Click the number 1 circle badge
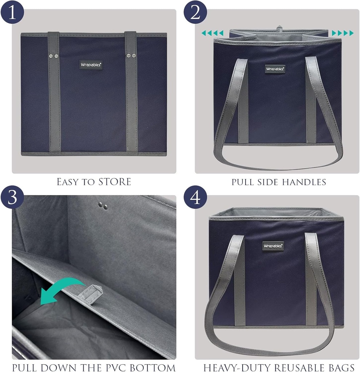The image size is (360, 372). (12, 12)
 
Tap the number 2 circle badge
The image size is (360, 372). (195, 12)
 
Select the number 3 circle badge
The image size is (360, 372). (12, 197)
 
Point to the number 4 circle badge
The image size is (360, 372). (195, 197)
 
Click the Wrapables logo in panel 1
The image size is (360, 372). (91, 65)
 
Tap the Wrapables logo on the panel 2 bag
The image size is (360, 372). (275, 69)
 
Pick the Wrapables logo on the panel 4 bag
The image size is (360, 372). (273, 246)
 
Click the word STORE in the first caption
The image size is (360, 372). (115, 182)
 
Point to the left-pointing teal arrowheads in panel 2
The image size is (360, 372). (213, 33)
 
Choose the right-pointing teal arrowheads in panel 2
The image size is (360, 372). (343, 33)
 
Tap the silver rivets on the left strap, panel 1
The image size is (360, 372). (53, 56)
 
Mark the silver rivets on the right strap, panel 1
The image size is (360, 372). (131, 56)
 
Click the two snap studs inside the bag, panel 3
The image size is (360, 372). (103, 205)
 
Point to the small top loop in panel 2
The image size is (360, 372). (280, 28)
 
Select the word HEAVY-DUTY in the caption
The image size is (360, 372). (234, 368)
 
